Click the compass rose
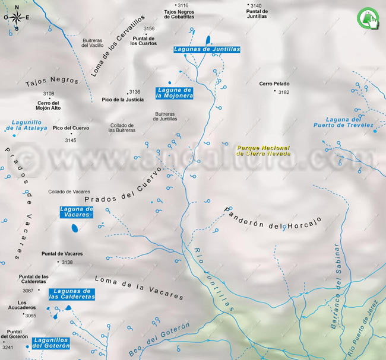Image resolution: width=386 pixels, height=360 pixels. coord(17,18)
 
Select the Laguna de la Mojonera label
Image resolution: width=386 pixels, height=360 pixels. coord(175,92)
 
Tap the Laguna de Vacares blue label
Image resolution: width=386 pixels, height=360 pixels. coord(77,212)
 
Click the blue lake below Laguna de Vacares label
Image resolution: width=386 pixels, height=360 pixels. coord(75,228)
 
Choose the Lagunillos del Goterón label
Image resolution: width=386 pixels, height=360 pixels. coord(52,343)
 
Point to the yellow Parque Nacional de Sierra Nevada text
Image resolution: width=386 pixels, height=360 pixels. coord(263,151)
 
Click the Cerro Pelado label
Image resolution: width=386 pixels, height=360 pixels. coord(274,84)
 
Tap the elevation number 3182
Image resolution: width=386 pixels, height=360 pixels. coord(283,92)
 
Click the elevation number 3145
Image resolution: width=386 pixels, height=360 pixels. coord(71,140)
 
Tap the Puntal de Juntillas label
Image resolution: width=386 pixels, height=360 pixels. coord(256,14)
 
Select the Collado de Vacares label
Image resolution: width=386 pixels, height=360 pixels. coord(69,192)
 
